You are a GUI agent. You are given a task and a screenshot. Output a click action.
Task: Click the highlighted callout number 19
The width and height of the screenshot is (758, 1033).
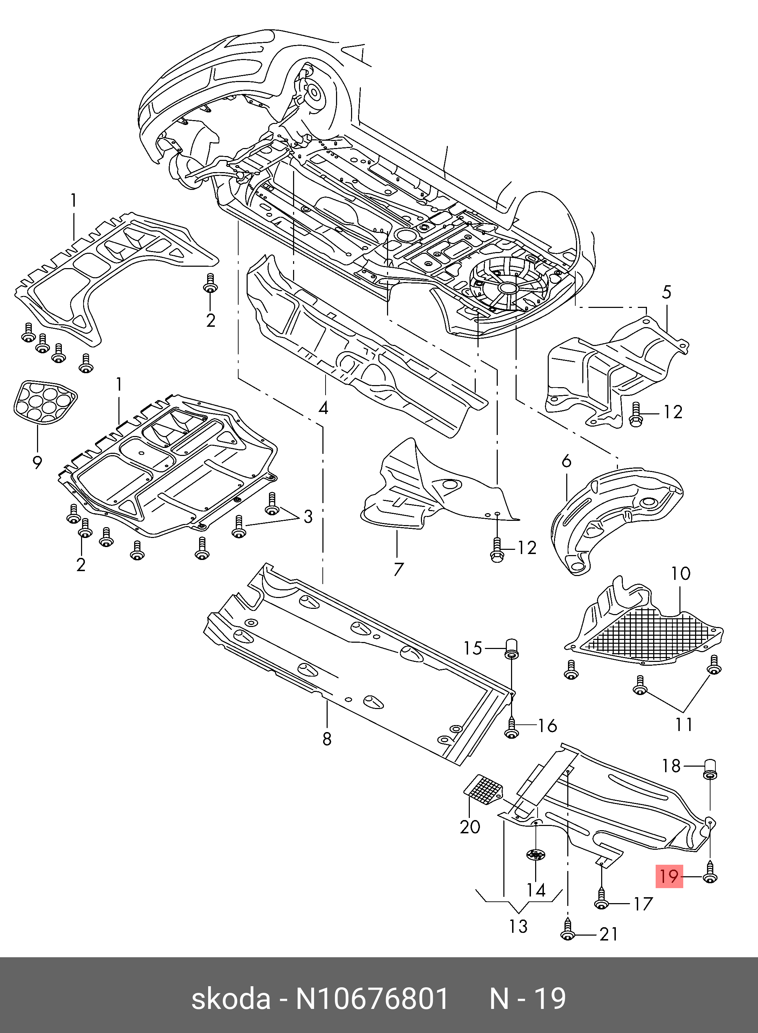click(x=669, y=876)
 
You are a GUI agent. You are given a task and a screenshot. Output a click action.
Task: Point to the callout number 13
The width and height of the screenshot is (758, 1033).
click(x=518, y=926)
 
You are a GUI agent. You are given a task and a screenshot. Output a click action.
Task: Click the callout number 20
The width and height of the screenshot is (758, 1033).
click(x=470, y=827)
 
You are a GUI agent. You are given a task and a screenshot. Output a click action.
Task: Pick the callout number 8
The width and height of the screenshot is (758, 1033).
click(x=326, y=739)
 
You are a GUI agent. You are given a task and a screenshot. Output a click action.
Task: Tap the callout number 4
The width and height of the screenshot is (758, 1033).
click(x=323, y=408)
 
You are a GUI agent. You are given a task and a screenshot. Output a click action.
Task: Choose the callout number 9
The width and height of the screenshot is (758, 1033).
click(x=37, y=462)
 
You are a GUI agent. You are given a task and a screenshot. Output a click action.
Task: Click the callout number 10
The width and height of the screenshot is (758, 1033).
click(x=680, y=573)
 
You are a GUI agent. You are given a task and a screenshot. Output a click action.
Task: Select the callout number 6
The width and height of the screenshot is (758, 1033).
click(x=567, y=461)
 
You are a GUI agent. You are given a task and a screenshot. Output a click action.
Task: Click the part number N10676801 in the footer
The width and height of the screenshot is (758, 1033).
click(x=372, y=998)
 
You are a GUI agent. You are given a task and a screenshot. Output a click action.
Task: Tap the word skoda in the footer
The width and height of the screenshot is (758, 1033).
click(x=231, y=998)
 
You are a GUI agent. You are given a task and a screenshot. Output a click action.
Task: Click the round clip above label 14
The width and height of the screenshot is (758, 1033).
click(x=535, y=855)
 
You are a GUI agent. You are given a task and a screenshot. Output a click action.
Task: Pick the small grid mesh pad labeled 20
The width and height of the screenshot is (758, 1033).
click(x=483, y=789)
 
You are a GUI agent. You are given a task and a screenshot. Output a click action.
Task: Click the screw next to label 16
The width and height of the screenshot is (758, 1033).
click(x=512, y=726)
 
